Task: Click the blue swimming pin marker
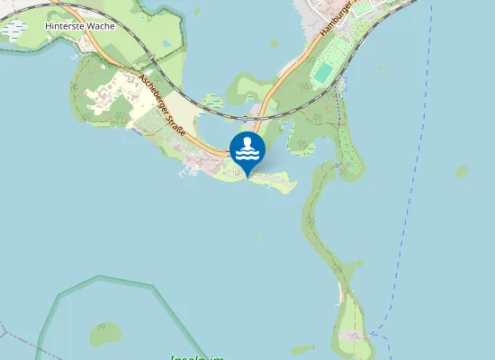click(247, 151)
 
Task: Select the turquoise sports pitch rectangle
click(322, 71)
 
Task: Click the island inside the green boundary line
click(105, 334)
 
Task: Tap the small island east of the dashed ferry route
click(462, 170)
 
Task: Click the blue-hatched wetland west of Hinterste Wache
click(13, 30)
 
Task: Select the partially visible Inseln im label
click(197, 356)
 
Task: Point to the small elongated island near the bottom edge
click(301, 349)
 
